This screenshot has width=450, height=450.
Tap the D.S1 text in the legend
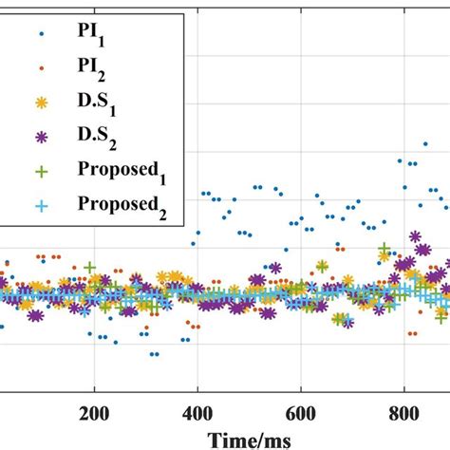92,102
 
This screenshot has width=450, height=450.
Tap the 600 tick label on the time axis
301,414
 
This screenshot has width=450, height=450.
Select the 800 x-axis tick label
404,414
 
